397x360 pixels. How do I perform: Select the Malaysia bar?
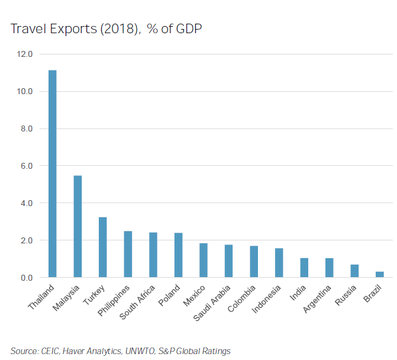(x=78, y=226)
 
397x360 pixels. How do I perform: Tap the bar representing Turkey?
(x=102, y=247)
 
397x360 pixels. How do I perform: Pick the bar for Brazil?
(x=380, y=274)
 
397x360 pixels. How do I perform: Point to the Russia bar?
(x=354, y=271)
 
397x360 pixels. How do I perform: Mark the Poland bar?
(x=178, y=255)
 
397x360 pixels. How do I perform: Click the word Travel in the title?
(x=28, y=28)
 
